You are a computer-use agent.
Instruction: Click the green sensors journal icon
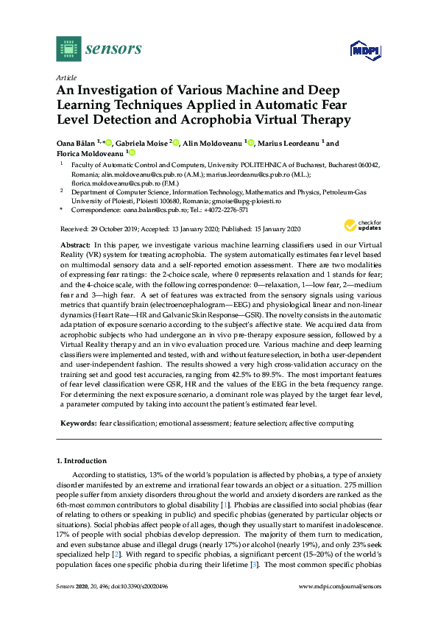68,49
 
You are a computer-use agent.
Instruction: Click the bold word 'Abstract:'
74,244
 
